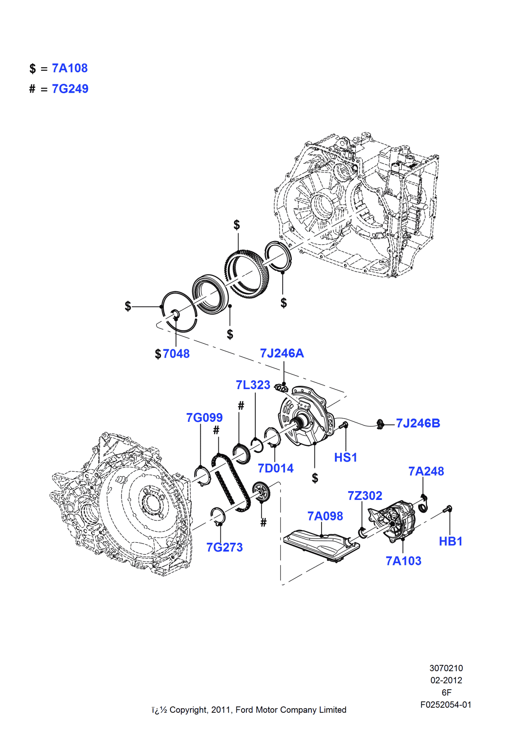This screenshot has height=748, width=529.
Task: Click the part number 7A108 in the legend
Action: click(70, 68)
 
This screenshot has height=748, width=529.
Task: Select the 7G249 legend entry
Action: click(70, 89)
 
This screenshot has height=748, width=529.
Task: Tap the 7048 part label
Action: click(176, 354)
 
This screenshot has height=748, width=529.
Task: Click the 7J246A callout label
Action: click(282, 353)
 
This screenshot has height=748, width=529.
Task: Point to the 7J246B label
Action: click(418, 423)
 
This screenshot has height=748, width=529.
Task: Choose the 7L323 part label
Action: click(253, 385)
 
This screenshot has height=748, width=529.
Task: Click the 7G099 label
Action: click(204, 418)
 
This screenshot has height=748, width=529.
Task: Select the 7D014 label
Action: click(275, 468)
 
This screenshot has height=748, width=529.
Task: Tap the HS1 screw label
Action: click(346, 458)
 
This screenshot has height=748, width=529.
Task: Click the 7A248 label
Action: click(426, 471)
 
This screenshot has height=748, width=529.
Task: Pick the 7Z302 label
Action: click(365, 496)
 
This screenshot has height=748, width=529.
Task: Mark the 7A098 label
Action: click(325, 516)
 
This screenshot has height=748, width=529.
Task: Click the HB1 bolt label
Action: click(450, 541)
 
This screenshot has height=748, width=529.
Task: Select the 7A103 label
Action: click(403, 561)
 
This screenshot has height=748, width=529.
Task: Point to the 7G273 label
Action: click(225, 547)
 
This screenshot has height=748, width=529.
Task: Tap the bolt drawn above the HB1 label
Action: click(448, 510)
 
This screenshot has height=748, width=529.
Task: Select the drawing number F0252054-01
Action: click(446, 705)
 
